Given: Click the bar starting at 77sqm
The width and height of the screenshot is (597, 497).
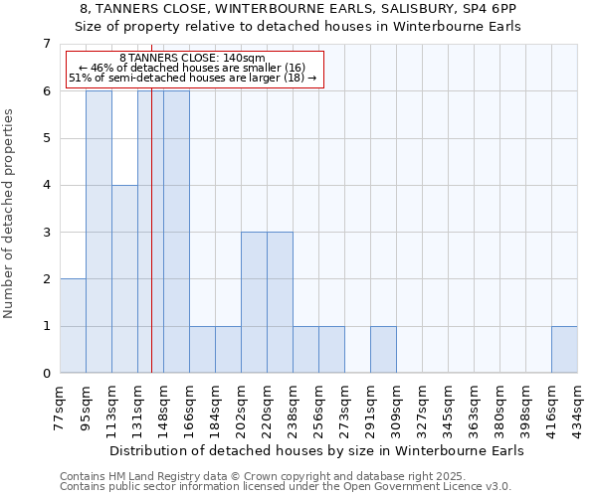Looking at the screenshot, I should point(73,326).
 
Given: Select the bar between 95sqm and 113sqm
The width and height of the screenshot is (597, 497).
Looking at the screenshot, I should point(99,232).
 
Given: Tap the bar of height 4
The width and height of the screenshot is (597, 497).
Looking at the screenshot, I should point(124,279).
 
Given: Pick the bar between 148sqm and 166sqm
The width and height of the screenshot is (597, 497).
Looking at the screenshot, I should point(176,232).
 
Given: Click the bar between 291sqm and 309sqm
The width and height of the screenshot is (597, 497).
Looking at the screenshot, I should point(383,350).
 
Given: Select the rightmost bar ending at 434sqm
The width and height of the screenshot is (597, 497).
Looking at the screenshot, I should point(564,350).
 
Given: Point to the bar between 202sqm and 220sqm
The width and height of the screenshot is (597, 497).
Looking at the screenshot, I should point(254,302).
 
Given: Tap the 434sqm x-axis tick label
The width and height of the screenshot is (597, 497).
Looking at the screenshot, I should point(578,409).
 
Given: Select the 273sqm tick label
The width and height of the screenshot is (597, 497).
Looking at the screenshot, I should point(345,409).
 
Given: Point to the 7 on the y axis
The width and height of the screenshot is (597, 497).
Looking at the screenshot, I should point(46,44).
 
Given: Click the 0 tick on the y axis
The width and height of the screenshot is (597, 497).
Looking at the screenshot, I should point(46,374).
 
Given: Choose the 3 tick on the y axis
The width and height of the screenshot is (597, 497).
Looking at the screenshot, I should point(46,233).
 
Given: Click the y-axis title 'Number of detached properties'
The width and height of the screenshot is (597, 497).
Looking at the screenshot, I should point(10,213).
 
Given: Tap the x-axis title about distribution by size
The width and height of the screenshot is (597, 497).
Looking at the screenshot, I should point(318,450).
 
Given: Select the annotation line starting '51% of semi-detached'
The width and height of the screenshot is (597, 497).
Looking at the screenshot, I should point(192,78).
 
